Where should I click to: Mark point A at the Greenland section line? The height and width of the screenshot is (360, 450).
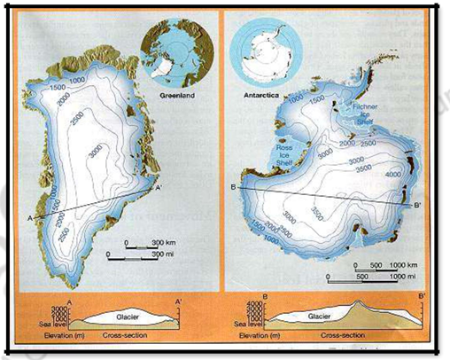click(x=30, y=218)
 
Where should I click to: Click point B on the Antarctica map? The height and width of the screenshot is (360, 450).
click(x=232, y=187)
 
